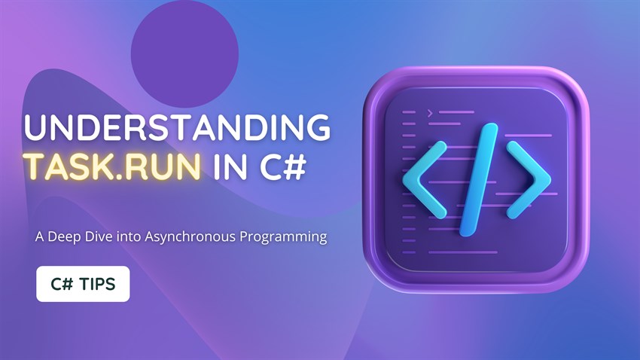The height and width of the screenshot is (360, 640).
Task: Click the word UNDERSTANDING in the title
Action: (x=177, y=128)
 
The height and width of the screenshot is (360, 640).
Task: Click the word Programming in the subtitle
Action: (x=288, y=237)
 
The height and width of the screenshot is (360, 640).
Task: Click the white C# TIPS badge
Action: (x=83, y=284)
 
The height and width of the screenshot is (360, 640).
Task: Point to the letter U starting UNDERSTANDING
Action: (x=35, y=128)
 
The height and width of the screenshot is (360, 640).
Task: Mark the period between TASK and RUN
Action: (x=123, y=177)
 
